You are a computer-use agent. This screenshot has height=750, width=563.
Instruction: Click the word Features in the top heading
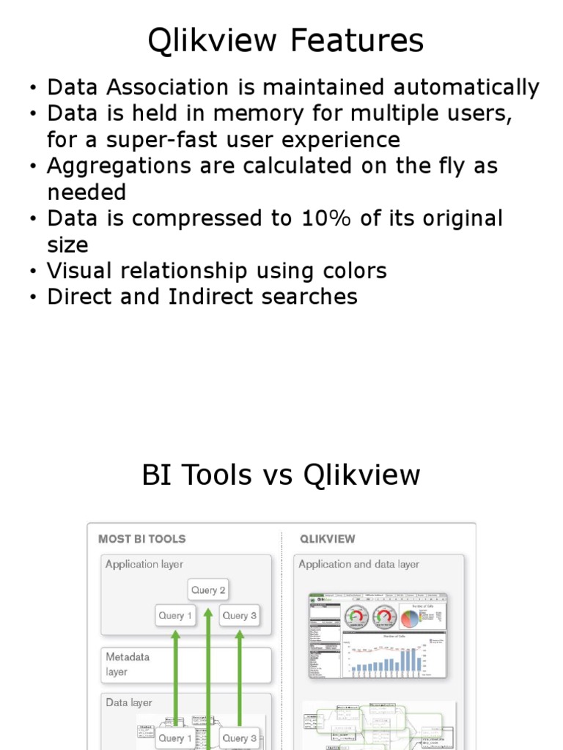[x=356, y=41]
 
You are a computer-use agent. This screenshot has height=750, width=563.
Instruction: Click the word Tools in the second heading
[x=219, y=475]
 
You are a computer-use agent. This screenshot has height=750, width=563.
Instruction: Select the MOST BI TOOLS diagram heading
[x=142, y=539]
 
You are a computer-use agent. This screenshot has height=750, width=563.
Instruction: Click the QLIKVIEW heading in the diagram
[x=327, y=539]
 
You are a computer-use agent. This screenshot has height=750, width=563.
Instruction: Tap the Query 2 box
[x=208, y=590]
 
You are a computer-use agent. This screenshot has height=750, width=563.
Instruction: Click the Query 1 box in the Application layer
[x=175, y=615]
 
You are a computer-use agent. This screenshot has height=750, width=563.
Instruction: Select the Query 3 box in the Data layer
[x=239, y=738]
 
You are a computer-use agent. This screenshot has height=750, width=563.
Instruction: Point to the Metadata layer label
[x=128, y=664]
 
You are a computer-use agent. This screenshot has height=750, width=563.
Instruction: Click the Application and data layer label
[x=358, y=565]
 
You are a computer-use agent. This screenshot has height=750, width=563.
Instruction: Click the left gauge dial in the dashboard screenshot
[x=358, y=617]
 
